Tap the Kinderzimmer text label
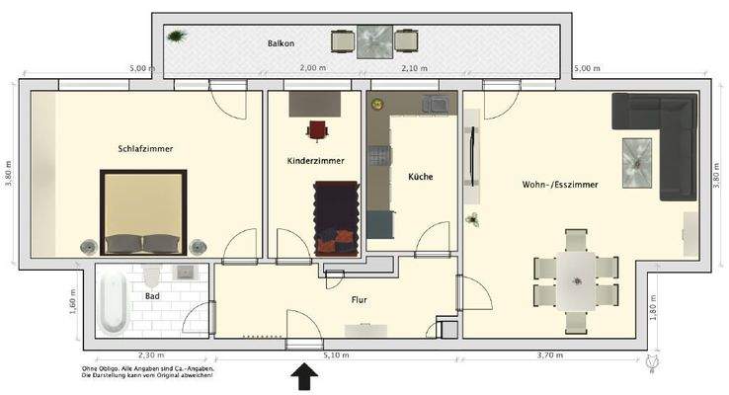315,160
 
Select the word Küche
421,177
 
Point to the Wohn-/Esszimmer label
559,185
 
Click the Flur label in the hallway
360,298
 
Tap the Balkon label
282,44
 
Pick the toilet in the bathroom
151,272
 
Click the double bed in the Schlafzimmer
143,211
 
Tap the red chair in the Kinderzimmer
317,128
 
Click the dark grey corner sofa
656,138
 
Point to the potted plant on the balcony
177,38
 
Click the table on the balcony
374,41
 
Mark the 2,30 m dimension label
152,355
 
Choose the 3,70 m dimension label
550,355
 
